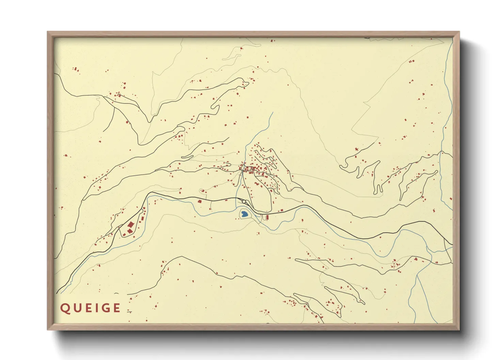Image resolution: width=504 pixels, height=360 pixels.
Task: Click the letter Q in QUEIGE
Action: pos(65,308)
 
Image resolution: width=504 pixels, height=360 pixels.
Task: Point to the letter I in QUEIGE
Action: pos(96,308)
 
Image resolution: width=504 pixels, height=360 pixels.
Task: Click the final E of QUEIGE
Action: pos(116,308)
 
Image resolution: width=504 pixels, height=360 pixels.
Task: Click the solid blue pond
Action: pos(244,214)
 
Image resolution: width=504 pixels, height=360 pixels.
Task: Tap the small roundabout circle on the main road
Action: pos(244,202)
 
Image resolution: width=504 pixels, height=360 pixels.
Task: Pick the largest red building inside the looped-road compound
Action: pos(130,225)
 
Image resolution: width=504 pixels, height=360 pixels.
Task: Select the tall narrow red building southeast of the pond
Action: pos(267,217)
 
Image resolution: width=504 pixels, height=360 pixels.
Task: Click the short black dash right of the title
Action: pos(129,311)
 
